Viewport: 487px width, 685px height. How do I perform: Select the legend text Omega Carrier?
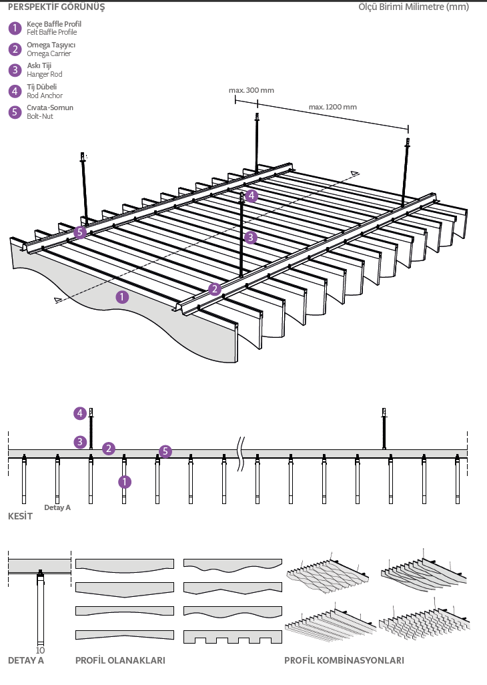[x=49, y=53]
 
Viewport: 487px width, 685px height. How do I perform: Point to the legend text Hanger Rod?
[x=45, y=75]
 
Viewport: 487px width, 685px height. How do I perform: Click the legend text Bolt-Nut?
[x=40, y=117]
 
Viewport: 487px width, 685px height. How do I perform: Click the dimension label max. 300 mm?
[x=251, y=90]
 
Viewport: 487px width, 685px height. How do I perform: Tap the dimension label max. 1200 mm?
[x=332, y=107]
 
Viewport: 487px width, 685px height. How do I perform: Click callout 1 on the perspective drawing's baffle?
[x=122, y=297]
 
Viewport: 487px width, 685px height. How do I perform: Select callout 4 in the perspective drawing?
[x=251, y=196]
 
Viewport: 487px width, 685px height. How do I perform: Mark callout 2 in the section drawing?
[x=109, y=449]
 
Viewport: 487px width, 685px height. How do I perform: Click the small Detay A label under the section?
[x=57, y=507]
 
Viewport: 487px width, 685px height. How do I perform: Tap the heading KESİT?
[x=20, y=517]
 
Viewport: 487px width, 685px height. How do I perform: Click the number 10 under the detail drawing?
[x=40, y=650]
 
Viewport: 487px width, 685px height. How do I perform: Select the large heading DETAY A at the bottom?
[x=26, y=661]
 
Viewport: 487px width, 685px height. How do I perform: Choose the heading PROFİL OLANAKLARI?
[x=120, y=661]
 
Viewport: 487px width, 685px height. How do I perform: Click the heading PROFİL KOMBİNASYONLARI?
[x=344, y=661]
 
